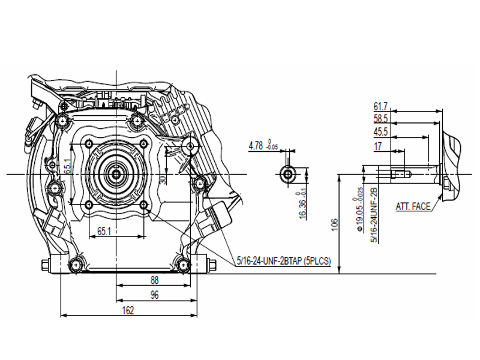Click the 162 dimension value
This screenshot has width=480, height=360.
[x=128, y=310]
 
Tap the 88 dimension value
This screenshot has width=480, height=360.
[x=154, y=279]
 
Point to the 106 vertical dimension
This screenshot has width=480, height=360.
[x=334, y=224]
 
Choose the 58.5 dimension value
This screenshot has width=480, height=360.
[x=380, y=119]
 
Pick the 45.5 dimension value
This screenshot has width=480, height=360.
[x=380, y=132]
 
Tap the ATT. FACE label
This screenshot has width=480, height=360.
[x=413, y=206]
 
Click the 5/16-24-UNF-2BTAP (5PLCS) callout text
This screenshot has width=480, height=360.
[x=284, y=261]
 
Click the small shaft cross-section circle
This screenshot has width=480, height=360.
[x=288, y=174]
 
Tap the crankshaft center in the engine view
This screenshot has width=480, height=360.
[x=115, y=174]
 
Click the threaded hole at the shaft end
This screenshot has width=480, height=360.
[x=401, y=174]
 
